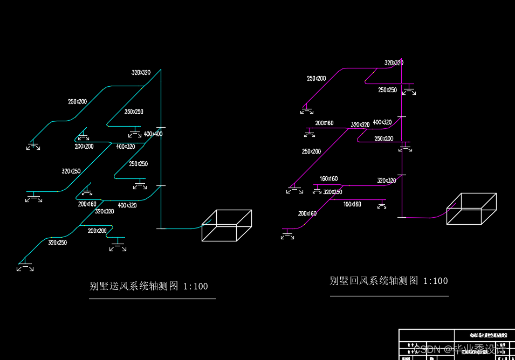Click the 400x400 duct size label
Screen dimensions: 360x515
153,134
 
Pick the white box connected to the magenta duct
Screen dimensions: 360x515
471,209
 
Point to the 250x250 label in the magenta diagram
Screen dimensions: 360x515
387,90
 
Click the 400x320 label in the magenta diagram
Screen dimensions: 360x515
382,122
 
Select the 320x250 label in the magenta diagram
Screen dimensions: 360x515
333,192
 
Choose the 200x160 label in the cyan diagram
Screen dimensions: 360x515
87,204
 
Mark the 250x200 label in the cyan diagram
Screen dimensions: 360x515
78,101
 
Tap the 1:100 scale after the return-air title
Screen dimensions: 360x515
436,281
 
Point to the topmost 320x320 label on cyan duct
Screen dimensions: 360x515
141,72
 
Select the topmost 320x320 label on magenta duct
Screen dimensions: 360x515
394,63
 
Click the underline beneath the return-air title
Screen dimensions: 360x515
389,296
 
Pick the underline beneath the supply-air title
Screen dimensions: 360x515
152,298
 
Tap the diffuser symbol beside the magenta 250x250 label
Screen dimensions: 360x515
410,89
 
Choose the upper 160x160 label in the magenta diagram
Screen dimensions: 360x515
328,178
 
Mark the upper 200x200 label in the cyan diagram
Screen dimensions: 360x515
84,146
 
